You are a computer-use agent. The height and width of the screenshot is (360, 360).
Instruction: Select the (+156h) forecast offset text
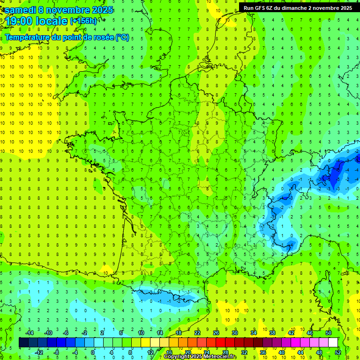(83, 21)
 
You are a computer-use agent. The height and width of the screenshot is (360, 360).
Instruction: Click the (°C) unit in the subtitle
(122, 37)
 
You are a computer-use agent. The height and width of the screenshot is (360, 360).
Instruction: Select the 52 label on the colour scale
(338, 352)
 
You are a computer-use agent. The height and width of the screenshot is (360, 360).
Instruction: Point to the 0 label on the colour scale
(93, 352)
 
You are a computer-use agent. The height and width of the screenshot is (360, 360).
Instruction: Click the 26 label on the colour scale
(216, 333)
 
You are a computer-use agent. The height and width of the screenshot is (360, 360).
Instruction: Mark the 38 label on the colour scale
(272, 333)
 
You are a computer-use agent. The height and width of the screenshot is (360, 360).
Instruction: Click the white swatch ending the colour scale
(333, 343)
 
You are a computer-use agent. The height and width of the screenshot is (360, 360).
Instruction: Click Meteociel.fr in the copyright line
(220, 357)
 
